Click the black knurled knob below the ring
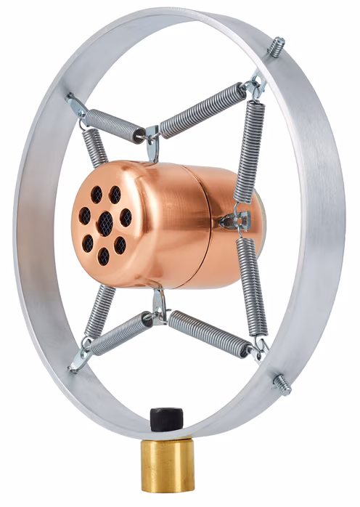click(165, 419)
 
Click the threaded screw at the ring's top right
click(276, 48)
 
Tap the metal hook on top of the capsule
click(152, 142)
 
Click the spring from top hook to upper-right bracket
click(203, 110)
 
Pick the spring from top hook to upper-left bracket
click(115, 125)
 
